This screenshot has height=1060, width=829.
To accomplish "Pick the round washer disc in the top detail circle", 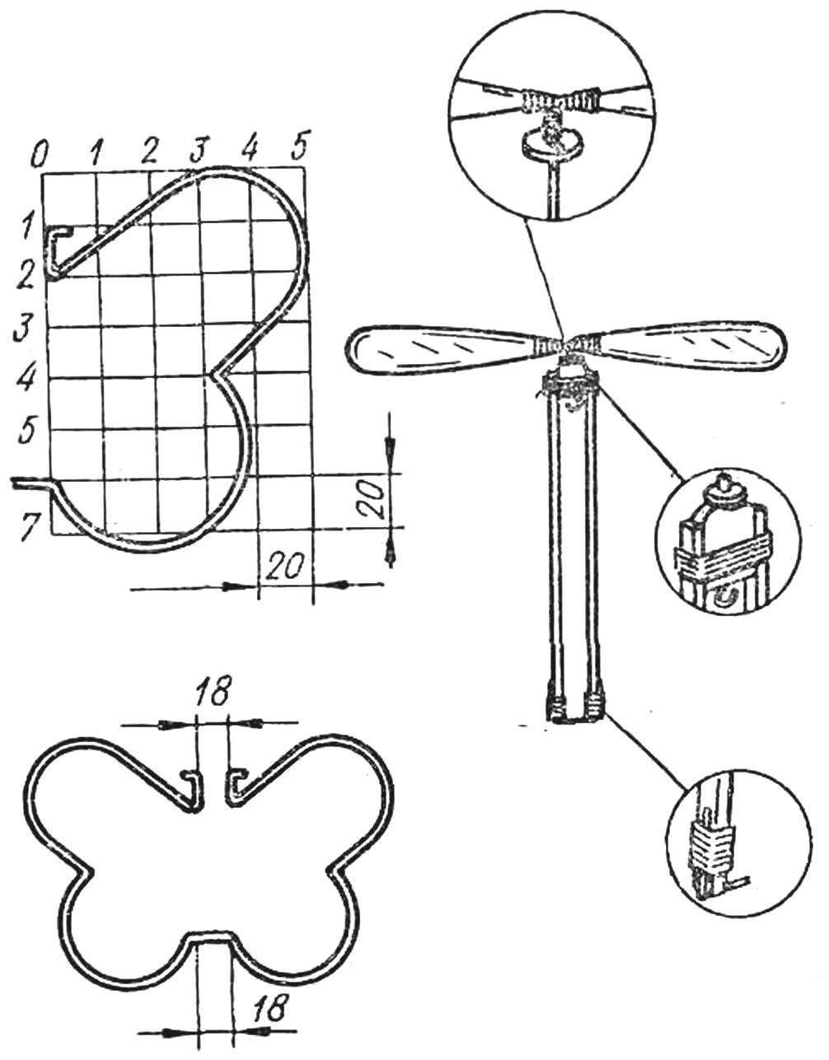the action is tap(550, 145).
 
